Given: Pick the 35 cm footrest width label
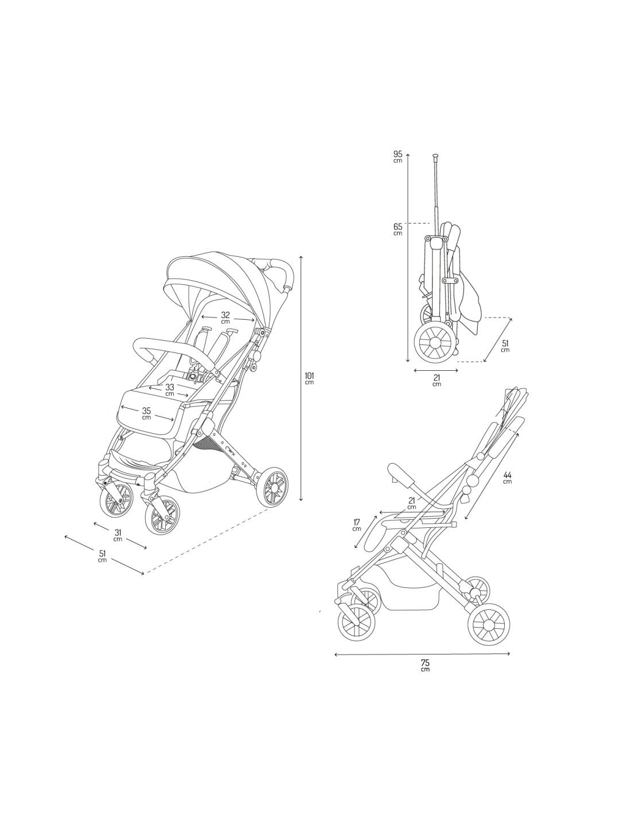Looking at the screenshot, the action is (146, 414).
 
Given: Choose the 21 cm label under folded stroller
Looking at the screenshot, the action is (437, 379).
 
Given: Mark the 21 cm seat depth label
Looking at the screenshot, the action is (411, 503).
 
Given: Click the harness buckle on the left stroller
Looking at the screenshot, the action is (194, 375).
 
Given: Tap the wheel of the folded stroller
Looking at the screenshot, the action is (435, 343).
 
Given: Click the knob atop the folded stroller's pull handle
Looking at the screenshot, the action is (436, 155).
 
